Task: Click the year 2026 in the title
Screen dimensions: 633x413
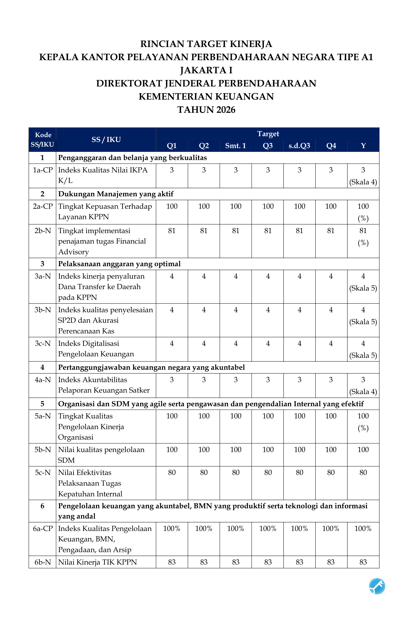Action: click(226, 110)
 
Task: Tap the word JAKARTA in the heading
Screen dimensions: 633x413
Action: click(203, 70)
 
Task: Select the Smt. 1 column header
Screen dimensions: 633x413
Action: click(236, 146)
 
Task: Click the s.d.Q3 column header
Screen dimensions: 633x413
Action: click(299, 146)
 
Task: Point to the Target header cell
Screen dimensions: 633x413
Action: click(268, 134)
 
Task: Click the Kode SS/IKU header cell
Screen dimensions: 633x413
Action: click(42, 140)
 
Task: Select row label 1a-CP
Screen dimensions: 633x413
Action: click(43, 170)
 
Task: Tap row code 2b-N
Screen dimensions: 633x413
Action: click(43, 231)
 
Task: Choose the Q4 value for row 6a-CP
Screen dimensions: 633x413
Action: click(331, 529)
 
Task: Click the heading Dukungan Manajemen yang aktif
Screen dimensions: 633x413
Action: click(116, 194)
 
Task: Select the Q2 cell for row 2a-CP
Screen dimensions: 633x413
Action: click(204, 206)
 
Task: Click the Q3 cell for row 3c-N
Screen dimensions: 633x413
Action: click(268, 343)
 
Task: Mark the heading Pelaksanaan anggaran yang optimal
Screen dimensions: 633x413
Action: click(119, 264)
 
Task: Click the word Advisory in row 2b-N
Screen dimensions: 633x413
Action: click(73, 252)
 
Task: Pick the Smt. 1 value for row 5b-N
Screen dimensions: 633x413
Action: click(236, 450)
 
